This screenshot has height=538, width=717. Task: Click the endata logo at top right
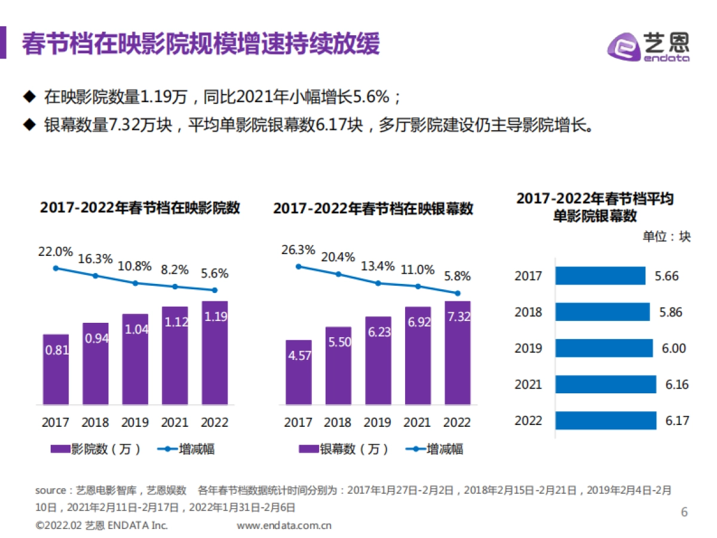point(648,45)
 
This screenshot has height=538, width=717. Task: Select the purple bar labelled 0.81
point(56,369)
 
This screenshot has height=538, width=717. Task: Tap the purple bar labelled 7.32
point(458,353)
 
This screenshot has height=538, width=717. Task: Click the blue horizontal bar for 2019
point(603,348)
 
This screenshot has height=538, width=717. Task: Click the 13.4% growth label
point(378,265)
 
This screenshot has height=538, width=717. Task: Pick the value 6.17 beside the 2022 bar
point(677,420)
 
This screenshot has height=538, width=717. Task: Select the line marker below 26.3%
point(298,267)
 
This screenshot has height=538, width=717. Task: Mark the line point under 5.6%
point(215,291)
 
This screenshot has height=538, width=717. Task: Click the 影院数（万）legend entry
point(96,449)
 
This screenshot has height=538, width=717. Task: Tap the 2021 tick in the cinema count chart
point(175,422)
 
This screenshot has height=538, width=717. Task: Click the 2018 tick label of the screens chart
point(338,422)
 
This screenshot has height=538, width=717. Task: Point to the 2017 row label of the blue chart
point(528,276)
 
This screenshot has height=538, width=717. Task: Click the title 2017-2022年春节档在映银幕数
point(373,209)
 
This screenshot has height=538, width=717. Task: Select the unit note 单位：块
point(666,237)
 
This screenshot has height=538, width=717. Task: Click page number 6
point(685,512)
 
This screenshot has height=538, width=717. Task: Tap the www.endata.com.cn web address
point(284,526)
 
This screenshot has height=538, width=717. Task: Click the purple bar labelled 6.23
point(378,360)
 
